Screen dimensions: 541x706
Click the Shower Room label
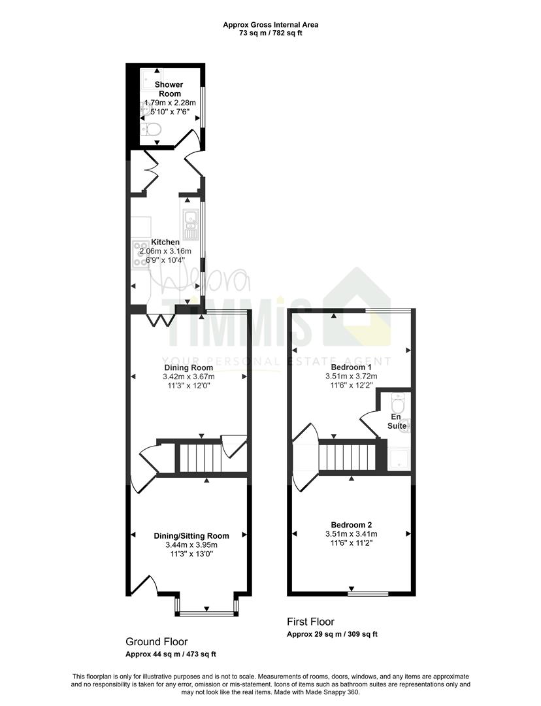pyautogui.click(x=169, y=89)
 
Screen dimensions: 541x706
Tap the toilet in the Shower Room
pyautogui.click(x=151, y=129)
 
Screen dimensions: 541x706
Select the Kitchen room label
pyautogui.click(x=165, y=243)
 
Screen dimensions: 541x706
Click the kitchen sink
pyautogui.click(x=190, y=225)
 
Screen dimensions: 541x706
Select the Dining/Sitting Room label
pyautogui.click(x=191, y=536)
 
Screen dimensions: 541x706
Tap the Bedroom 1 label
pyautogui.click(x=351, y=367)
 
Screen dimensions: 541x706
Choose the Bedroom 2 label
pyautogui.click(x=351, y=524)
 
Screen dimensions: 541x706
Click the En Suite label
pyautogui.click(x=397, y=422)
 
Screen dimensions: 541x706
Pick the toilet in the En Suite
pyautogui.click(x=399, y=401)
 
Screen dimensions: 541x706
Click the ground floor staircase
pyautogui.click(x=201, y=458)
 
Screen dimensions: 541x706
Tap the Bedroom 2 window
pyautogui.click(x=368, y=594)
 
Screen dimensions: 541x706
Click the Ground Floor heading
pyautogui.click(x=157, y=642)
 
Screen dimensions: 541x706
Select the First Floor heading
pyautogui.click(x=310, y=622)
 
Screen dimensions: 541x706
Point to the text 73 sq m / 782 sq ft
pyautogui.click(x=270, y=33)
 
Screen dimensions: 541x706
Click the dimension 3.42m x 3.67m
pyautogui.click(x=189, y=377)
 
